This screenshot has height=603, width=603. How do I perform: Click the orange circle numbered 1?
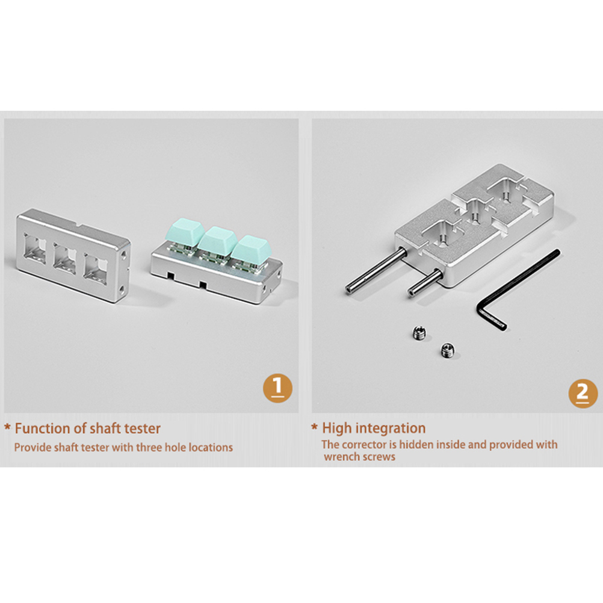pyautogui.click(x=277, y=388)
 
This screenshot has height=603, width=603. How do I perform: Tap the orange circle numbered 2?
pyautogui.click(x=583, y=393)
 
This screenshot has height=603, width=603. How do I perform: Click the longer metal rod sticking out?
pyautogui.click(x=376, y=270)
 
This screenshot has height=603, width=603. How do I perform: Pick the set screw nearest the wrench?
pyautogui.click(x=447, y=350)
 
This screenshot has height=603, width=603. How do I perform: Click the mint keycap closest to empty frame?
pyautogui.click(x=184, y=232)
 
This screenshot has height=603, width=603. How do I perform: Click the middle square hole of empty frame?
pyautogui.click(x=65, y=256)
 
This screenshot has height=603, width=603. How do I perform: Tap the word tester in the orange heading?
pyautogui.click(x=142, y=429)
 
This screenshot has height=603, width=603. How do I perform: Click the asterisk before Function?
pyautogui.click(x=7, y=427)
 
